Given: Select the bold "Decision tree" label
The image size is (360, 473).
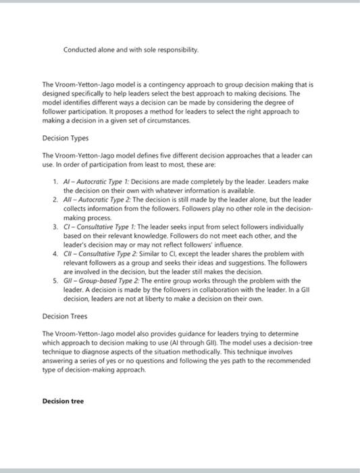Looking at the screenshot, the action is (63, 401).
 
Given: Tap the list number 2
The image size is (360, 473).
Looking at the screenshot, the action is (55, 200).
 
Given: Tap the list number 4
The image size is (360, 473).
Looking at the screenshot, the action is (55, 253).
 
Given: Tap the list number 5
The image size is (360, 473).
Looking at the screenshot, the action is (55, 280).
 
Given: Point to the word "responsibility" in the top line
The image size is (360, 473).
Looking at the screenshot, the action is (176, 49).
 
